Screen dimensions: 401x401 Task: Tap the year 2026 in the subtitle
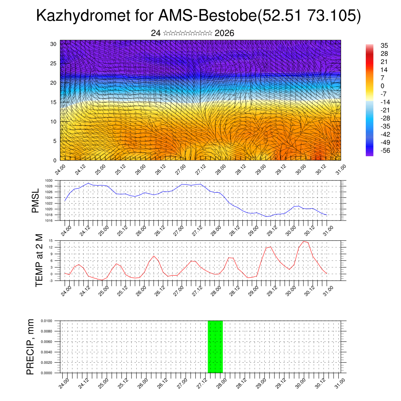[224, 33]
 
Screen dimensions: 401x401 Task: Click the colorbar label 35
[384, 46]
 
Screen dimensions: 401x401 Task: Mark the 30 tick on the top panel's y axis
[53, 44]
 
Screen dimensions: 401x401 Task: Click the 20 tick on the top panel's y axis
[53, 83]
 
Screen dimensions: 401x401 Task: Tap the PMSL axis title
[36, 200]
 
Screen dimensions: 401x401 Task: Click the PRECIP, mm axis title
[31, 347]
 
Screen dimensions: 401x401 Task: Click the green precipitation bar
[215, 347]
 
